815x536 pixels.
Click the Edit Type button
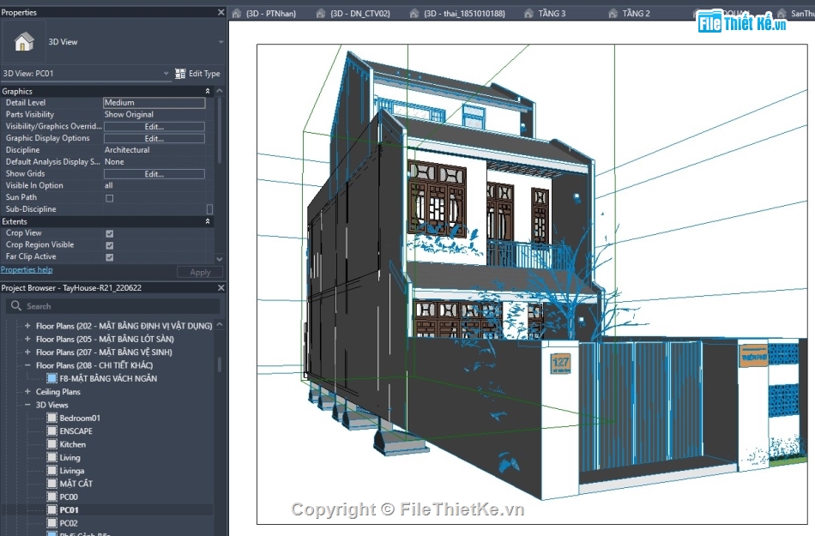click(198, 74)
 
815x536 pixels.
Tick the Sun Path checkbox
click(109, 198)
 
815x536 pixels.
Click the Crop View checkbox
click(109, 233)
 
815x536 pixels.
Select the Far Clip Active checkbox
click(109, 256)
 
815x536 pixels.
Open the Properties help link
click(27, 270)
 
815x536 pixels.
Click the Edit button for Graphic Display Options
click(154, 138)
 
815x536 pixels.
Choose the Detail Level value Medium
click(154, 103)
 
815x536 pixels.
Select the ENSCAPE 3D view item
click(75, 431)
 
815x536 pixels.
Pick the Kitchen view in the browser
click(72, 444)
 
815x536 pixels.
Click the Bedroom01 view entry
click(79, 418)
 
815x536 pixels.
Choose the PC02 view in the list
click(69, 523)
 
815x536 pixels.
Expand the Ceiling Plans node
click(27, 392)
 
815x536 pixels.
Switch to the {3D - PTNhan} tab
click(270, 14)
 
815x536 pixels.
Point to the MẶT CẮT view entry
click(75, 484)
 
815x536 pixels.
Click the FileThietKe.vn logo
click(742, 23)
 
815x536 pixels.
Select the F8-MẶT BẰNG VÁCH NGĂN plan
click(107, 378)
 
